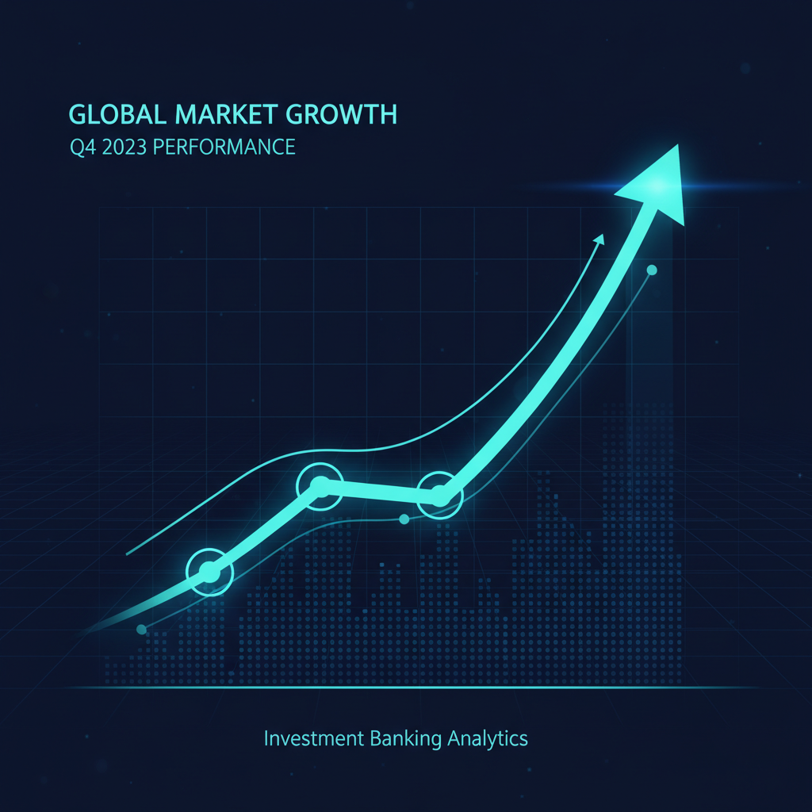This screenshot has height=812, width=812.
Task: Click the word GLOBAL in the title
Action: coord(117,114)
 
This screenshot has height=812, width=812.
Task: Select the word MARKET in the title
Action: coord(225,114)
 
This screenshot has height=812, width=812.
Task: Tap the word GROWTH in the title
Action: coord(341,114)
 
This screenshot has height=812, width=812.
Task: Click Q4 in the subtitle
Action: coord(82,147)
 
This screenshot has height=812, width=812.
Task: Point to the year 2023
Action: coord(124,147)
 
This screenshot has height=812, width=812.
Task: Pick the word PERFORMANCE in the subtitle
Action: coord(224,147)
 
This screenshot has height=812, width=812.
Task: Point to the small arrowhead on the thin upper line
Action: coord(599,239)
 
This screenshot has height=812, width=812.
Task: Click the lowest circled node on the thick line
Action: coord(209,572)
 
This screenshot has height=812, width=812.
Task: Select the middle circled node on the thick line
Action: coord(320,486)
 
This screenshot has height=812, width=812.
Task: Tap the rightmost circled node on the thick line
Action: coord(439,496)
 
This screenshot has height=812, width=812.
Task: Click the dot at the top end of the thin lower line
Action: coord(652,270)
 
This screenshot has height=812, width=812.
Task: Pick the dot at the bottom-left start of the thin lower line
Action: coord(141,629)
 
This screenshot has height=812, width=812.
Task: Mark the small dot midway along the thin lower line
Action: coord(404,519)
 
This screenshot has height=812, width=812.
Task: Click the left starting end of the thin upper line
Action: coord(127,554)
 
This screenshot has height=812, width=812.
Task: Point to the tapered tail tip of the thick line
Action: coord(82,634)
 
